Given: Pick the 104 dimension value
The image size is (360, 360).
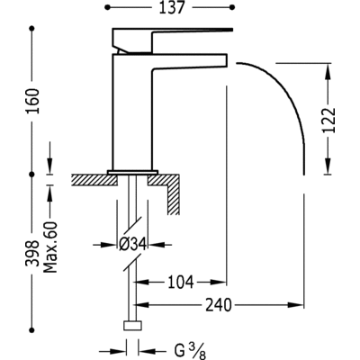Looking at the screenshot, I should point(181,283).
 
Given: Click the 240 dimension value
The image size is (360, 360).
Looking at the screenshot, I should point(232,304).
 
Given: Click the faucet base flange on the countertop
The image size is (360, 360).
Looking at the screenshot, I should point(134,171).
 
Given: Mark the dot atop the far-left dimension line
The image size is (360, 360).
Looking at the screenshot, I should point(32,30).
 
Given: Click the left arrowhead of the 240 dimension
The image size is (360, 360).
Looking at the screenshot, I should point(137,305).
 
